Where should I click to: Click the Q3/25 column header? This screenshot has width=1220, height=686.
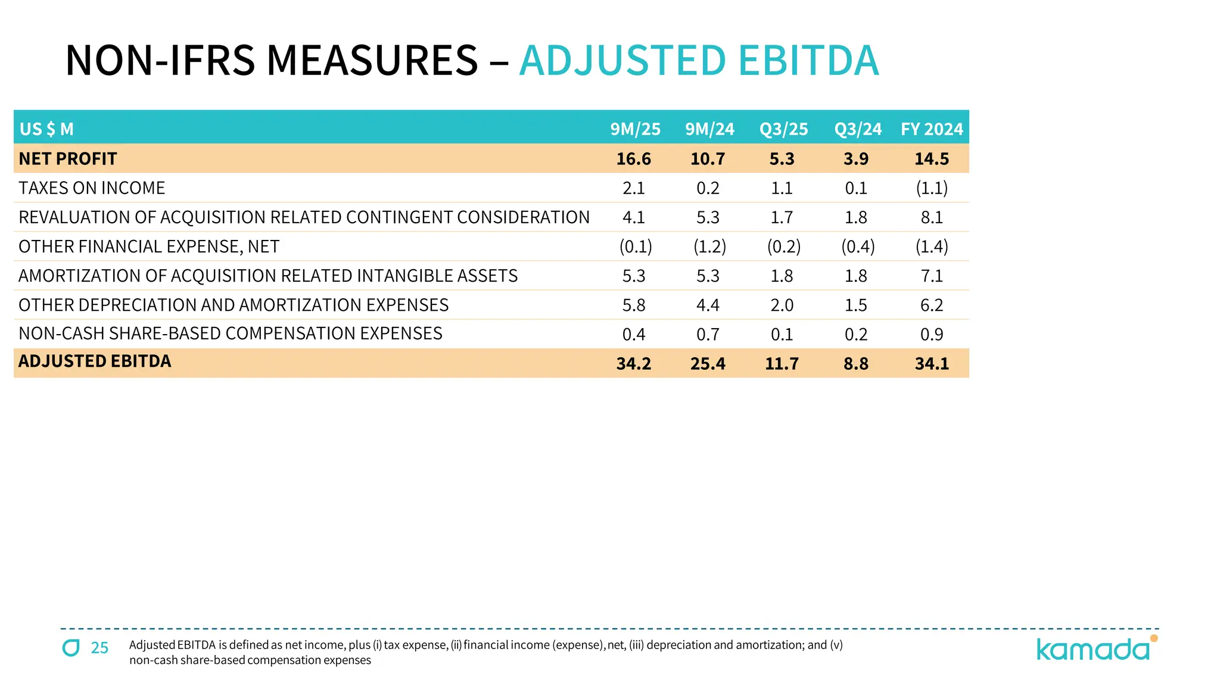coord(783,129)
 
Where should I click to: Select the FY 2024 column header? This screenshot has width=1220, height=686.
coord(932,129)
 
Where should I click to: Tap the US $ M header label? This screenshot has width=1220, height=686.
coord(46,129)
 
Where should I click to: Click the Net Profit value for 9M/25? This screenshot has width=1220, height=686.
coord(633,159)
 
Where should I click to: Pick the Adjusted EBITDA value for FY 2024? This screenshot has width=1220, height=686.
coord(932,363)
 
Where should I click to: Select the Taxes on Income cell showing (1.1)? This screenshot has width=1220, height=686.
coord(932,188)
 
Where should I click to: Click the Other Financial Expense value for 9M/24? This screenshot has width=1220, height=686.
coord(709,247)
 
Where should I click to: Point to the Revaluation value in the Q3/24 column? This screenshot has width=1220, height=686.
coord(856,217)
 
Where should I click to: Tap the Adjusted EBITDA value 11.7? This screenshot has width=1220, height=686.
coord(782,363)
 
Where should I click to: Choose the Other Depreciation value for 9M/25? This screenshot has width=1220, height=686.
coord(633,305)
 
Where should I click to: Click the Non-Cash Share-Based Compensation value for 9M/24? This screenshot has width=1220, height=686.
coord(708,334)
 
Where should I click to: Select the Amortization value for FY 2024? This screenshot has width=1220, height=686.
coord(932,276)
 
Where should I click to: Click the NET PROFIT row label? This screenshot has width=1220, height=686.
coord(68,159)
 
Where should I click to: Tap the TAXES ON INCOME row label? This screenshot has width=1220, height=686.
coord(92,188)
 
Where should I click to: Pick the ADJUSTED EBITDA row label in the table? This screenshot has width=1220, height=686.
coord(95,361)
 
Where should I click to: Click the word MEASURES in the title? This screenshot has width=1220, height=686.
coord(372,61)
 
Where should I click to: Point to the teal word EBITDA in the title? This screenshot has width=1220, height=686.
coord(808,61)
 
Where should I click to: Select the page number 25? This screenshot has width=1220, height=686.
coord(99,648)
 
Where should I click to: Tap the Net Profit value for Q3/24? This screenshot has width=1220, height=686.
coord(856,159)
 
